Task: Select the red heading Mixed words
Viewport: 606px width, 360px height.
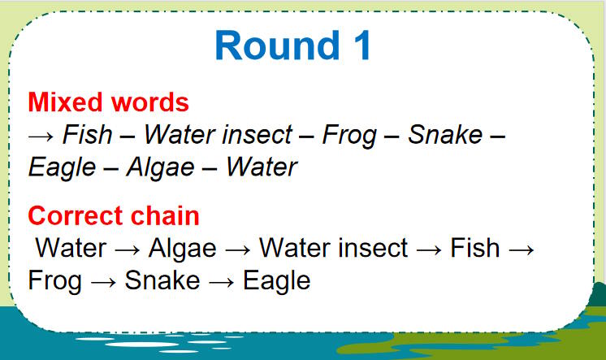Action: click(108, 102)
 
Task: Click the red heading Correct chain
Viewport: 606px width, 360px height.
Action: click(113, 215)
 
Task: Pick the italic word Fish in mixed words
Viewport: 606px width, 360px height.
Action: click(87, 134)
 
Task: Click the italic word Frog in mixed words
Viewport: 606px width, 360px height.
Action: click(349, 134)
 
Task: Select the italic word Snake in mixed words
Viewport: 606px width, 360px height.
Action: click(444, 134)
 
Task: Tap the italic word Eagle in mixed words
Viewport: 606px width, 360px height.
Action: click(63, 167)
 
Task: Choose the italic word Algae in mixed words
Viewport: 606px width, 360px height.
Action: click(161, 167)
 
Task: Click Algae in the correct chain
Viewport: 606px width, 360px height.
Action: click(183, 248)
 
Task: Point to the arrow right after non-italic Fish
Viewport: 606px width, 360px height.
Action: click(522, 249)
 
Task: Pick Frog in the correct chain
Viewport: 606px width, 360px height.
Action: click(54, 281)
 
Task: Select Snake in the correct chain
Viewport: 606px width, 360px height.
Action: click(162, 281)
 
